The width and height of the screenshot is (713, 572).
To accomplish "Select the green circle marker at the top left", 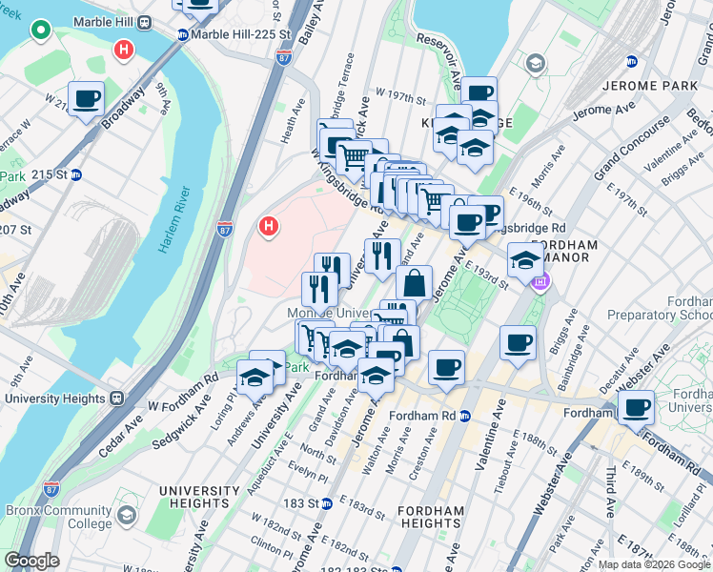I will click(x=40, y=31).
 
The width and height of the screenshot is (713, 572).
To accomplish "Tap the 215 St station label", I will click(x=55, y=174).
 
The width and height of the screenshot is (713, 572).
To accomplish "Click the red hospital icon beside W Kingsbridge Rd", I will click(x=270, y=227).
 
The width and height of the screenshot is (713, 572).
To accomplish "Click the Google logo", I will click(x=32, y=561).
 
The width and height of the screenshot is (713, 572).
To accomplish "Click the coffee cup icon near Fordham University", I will click(x=636, y=407).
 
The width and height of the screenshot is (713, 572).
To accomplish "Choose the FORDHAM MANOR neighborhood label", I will click(x=564, y=252).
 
